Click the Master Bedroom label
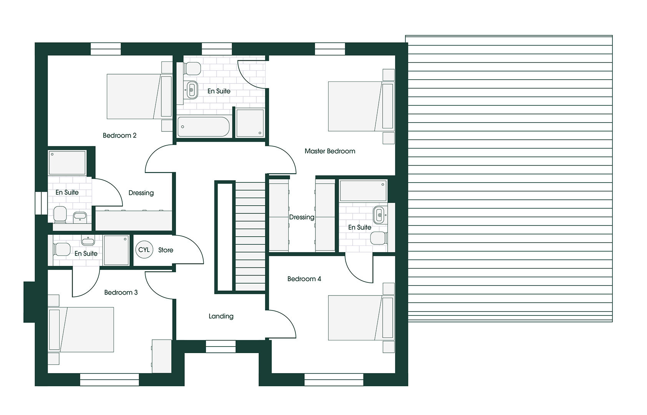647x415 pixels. click(x=330, y=151)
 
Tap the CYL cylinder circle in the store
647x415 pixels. click(x=144, y=250)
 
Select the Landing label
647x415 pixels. click(x=221, y=316)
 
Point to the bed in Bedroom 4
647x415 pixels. click(x=353, y=318)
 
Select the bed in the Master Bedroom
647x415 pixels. click(x=353, y=106)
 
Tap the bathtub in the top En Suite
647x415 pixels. click(x=203, y=127)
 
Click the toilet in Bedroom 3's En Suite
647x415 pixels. click(x=62, y=249)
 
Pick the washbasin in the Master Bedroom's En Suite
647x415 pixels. click(x=379, y=215)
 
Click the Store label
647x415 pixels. click(x=166, y=250)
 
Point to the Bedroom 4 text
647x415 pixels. click(x=304, y=279)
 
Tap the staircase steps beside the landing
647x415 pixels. click(x=250, y=238)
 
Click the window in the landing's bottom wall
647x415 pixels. click(x=221, y=346)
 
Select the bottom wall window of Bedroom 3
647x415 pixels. click(x=109, y=380)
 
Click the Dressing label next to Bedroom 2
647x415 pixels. click(x=141, y=193)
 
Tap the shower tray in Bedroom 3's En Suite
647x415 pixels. click(x=116, y=250)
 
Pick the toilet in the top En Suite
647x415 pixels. click(x=192, y=69)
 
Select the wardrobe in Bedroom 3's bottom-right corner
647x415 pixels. click(x=162, y=356)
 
